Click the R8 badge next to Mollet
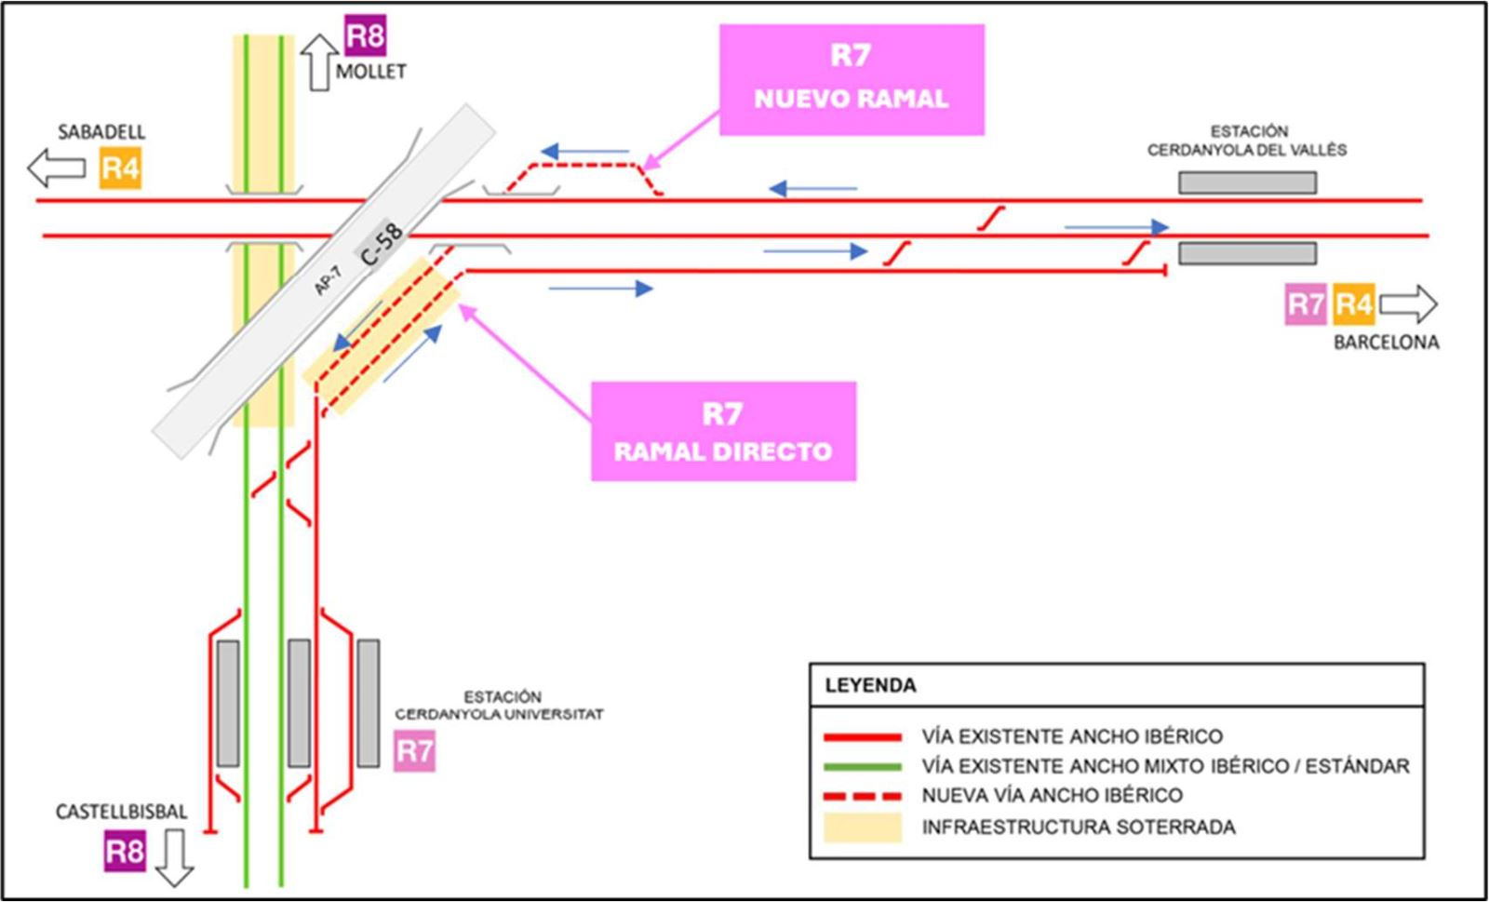tap(365, 36)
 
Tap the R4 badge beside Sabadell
tap(120, 168)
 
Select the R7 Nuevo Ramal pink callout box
tap(852, 79)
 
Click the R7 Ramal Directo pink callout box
tap(723, 431)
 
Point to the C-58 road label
tap(382, 244)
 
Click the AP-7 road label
tap(328, 280)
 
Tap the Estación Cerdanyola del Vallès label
tap(1247, 141)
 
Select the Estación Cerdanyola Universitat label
tap(500, 706)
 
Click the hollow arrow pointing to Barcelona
tap(1408, 303)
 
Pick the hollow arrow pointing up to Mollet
tap(319, 61)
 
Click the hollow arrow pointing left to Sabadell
tap(56, 168)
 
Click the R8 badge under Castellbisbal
tap(125, 852)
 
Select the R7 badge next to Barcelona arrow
tap(1306, 304)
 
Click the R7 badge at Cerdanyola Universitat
tap(415, 751)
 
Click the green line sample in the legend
tap(863, 766)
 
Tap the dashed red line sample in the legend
tap(863, 796)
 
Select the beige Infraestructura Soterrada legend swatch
tap(863, 828)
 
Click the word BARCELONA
tap(1386, 342)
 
